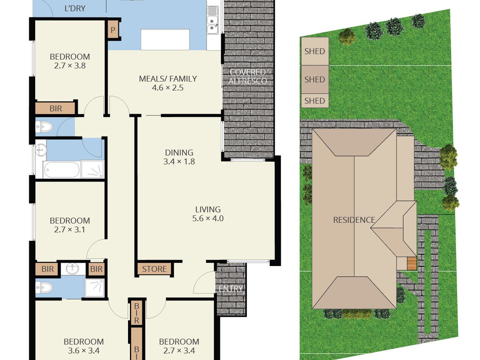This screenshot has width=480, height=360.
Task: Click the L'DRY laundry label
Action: [x=75, y=8]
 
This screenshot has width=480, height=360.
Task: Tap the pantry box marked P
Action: [x=113, y=30]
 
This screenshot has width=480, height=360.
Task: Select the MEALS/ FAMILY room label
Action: [x=168, y=79]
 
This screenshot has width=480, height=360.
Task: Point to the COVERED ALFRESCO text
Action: [x=248, y=76]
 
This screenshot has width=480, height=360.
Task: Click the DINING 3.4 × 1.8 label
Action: [x=179, y=157]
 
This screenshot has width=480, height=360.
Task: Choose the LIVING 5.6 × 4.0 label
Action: [x=208, y=214]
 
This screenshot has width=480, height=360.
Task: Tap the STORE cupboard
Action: [x=154, y=269]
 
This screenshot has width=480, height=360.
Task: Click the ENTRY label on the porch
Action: [x=230, y=289]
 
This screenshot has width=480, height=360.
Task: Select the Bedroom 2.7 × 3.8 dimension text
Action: [x=70, y=66]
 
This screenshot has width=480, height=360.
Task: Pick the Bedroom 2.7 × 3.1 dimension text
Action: [x=70, y=230]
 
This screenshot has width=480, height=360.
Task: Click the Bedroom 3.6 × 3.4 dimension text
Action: [x=84, y=351]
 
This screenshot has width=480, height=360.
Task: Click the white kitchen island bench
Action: [x=165, y=39]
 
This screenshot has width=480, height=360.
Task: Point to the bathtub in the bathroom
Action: [x=62, y=169]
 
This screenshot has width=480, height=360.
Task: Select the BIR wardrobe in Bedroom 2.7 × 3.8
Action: [x=55, y=108]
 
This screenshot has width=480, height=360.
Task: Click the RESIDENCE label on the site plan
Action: [x=354, y=220]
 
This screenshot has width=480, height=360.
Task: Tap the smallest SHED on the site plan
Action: [x=315, y=101]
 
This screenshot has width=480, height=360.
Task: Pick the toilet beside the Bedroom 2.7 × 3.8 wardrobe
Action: [x=44, y=127]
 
